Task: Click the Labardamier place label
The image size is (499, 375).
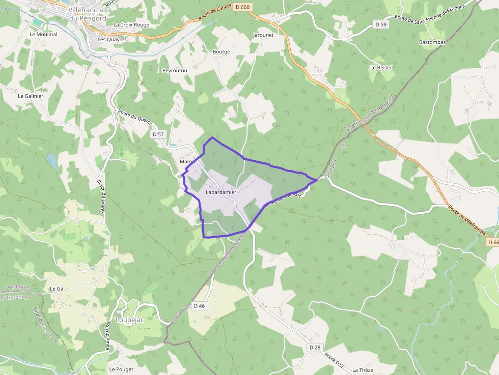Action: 221,193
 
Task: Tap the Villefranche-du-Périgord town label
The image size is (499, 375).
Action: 86,14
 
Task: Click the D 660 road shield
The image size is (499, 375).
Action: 243,7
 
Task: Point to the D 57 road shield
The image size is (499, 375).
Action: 158,134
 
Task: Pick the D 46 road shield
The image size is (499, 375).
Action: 199,306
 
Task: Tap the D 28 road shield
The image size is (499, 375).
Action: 315,347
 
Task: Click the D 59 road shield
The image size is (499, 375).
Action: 381,24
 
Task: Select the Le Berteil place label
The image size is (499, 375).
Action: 381,67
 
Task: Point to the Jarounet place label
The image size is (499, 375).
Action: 263,35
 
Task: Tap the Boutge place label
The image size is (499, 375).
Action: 221,52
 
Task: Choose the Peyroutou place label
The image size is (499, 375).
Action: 175,70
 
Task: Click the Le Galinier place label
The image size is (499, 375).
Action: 31,96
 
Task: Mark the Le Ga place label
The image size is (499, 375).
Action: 56,289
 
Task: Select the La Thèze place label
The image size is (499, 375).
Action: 363,370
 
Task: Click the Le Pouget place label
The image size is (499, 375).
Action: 121,369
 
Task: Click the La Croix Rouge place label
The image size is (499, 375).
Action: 131,24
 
